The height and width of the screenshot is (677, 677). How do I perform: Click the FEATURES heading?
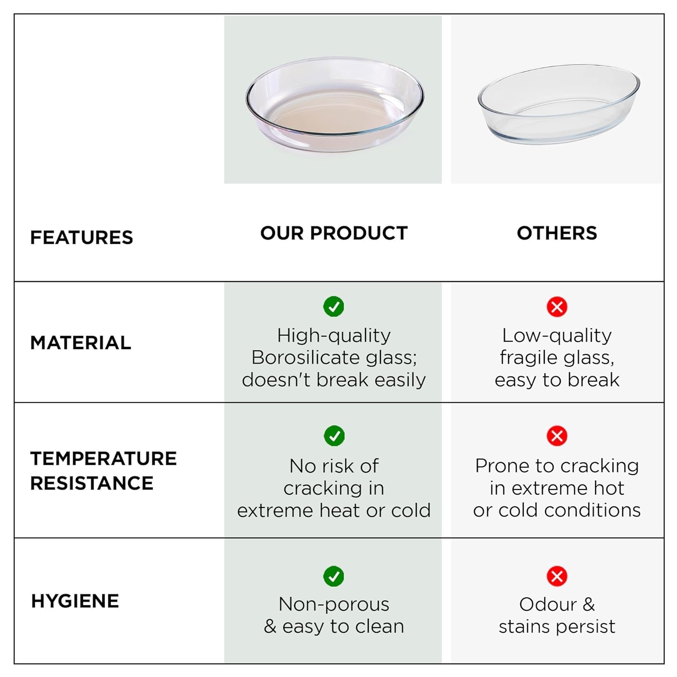82,237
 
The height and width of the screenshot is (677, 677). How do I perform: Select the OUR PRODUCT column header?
334,233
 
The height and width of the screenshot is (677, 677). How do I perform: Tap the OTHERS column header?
557,233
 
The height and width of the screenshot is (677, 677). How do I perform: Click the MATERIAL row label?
81,343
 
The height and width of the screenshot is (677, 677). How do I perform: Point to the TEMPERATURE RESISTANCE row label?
103,471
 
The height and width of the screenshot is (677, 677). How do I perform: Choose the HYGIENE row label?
75,601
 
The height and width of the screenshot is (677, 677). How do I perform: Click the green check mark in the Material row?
334,307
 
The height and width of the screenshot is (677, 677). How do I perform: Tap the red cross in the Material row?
557,307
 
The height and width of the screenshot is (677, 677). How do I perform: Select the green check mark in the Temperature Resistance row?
334,436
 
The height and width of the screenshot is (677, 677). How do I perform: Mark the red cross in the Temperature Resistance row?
557,436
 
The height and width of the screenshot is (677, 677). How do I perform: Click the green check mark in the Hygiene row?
334,576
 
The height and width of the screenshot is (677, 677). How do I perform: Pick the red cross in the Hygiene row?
557,576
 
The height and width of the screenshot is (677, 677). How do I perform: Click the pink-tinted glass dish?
335,104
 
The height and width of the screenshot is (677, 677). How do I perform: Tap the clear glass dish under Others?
559,104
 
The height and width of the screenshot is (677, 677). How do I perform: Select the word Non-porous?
334,604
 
